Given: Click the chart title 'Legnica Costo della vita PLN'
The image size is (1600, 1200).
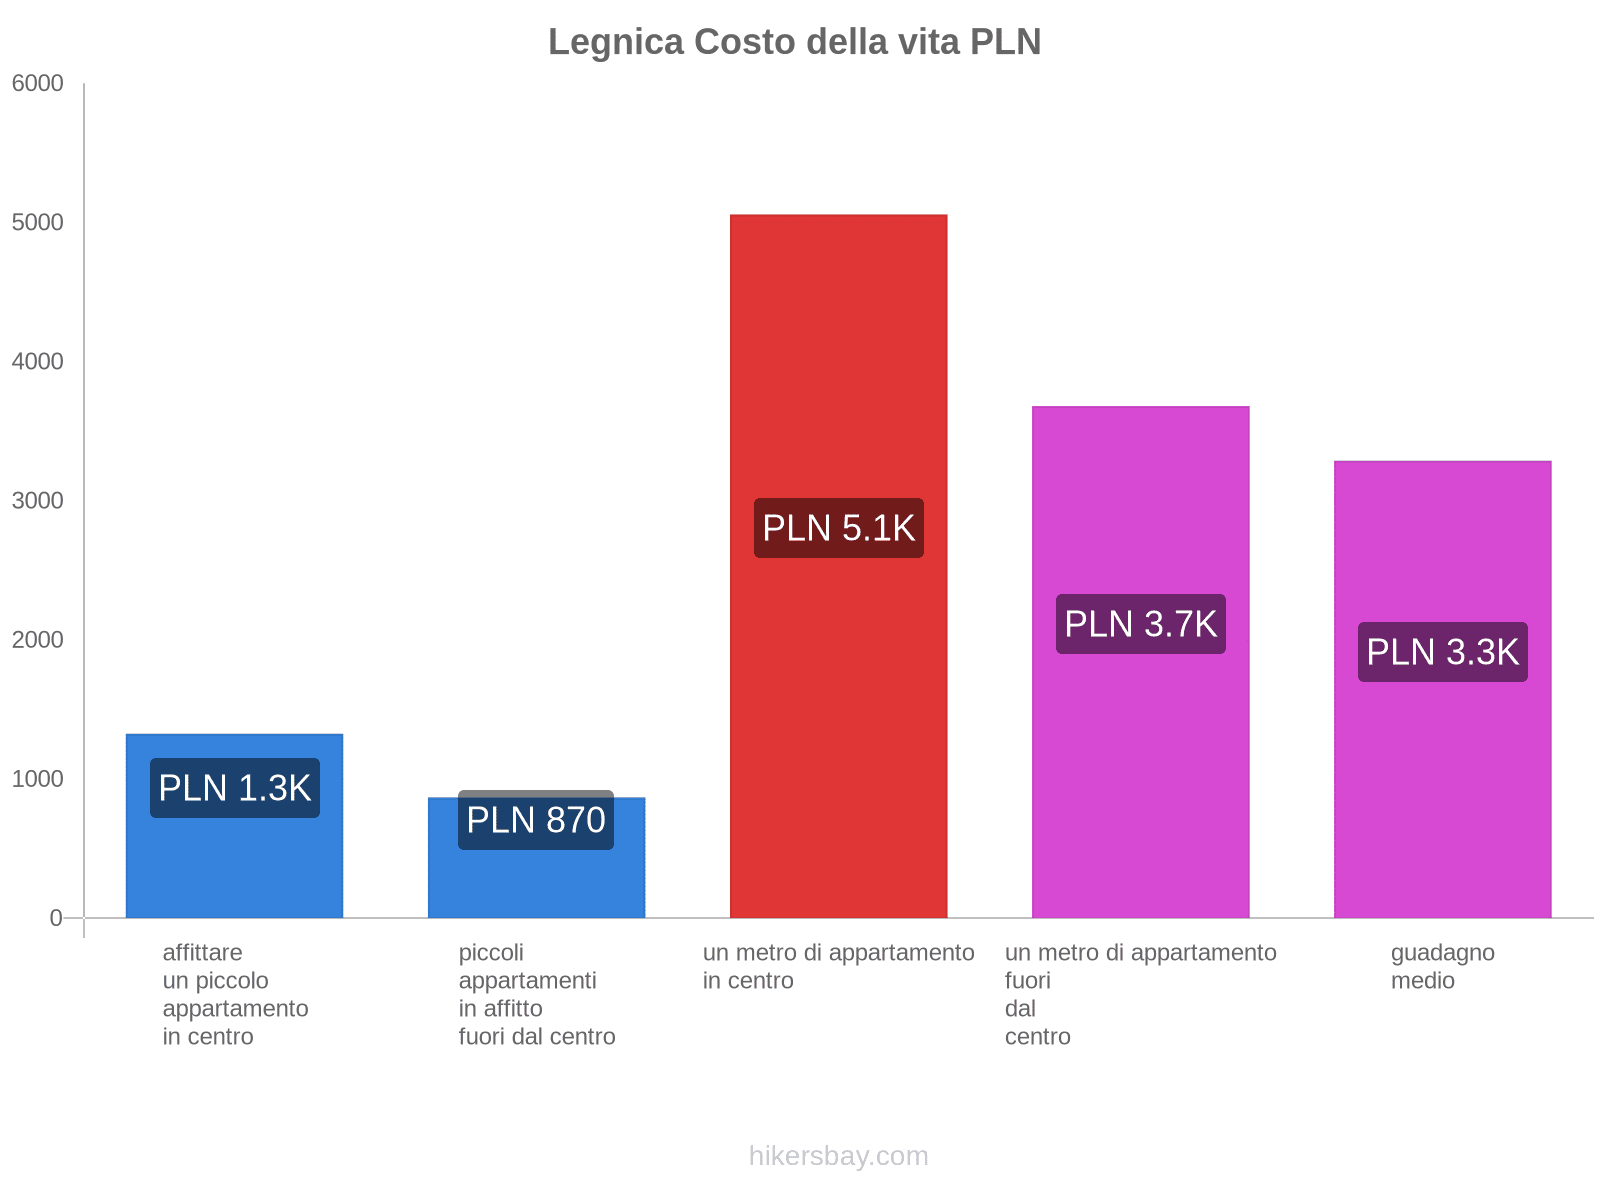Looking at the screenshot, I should pyautogui.click(x=794, y=42).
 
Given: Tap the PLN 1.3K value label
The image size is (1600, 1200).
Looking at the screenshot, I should pyautogui.click(x=235, y=788).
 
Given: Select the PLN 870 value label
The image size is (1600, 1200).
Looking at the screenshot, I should pyautogui.click(x=536, y=820).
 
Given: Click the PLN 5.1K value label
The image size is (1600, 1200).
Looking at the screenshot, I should pyautogui.click(x=838, y=528).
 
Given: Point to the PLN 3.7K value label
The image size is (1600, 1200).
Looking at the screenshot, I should pyautogui.click(x=1140, y=624).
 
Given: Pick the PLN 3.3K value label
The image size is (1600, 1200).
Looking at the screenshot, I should pyautogui.click(x=1442, y=652).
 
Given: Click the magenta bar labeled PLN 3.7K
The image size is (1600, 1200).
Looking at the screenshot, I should pyautogui.click(x=1140, y=780).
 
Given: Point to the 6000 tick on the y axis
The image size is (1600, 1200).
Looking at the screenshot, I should pyautogui.click(x=38, y=84).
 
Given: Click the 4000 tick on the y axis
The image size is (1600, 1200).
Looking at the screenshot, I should pyautogui.click(x=38, y=362).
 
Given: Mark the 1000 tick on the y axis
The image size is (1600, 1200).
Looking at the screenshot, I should pyautogui.click(x=38, y=779).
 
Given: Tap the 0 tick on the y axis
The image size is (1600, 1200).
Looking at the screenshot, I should pyautogui.click(x=56, y=918).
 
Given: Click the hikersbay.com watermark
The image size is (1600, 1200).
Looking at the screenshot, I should pyautogui.click(x=838, y=1156).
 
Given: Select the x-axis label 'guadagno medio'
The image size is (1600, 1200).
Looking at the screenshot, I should pyautogui.click(x=1442, y=966).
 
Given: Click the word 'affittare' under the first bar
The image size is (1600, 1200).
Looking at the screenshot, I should pyautogui.click(x=202, y=952).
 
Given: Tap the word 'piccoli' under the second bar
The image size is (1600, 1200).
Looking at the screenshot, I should pyautogui.click(x=491, y=952).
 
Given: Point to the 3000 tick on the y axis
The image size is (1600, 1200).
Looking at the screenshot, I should pyautogui.click(x=38, y=501).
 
